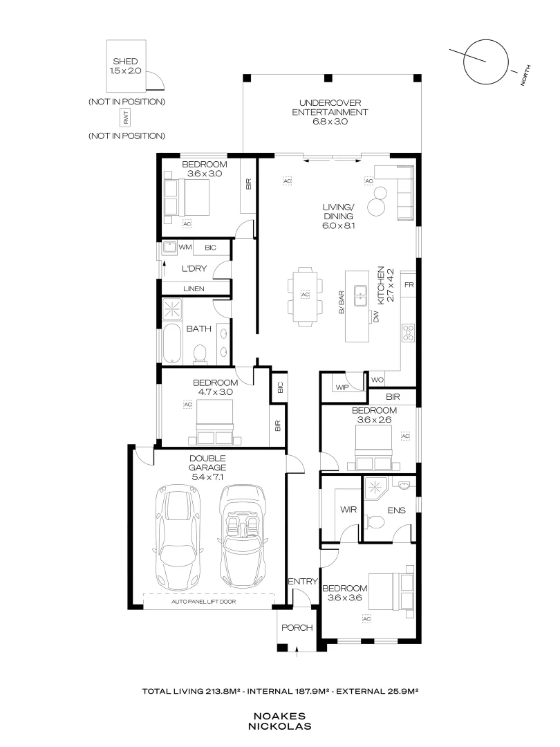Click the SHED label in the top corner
coord(125,62)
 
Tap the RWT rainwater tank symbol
coord(126,119)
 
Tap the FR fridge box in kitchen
coord(409,285)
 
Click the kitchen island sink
coord(360,296)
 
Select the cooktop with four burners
coord(408,333)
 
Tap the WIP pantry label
coord(342,387)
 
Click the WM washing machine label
coord(185,247)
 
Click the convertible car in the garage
coord(242,529)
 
